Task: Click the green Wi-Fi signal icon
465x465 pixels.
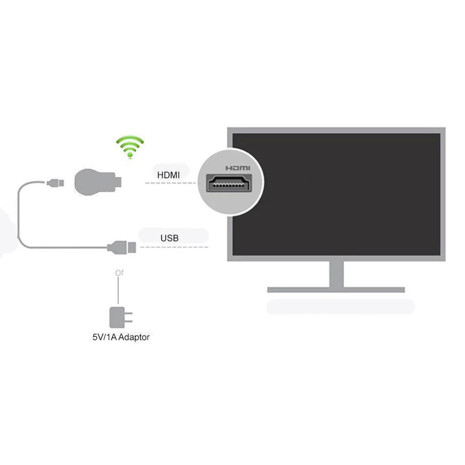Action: click(x=130, y=148)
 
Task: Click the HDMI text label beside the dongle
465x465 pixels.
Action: click(x=167, y=175)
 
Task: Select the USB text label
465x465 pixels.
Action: click(x=169, y=238)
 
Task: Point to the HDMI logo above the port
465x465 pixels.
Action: click(x=237, y=168)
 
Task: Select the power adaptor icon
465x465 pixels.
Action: click(x=117, y=316)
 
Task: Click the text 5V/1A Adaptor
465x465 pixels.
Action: click(x=121, y=337)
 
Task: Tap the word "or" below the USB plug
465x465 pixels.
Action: click(x=120, y=273)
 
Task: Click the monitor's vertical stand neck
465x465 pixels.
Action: click(x=336, y=274)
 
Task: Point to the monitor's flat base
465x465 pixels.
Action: click(x=336, y=290)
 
